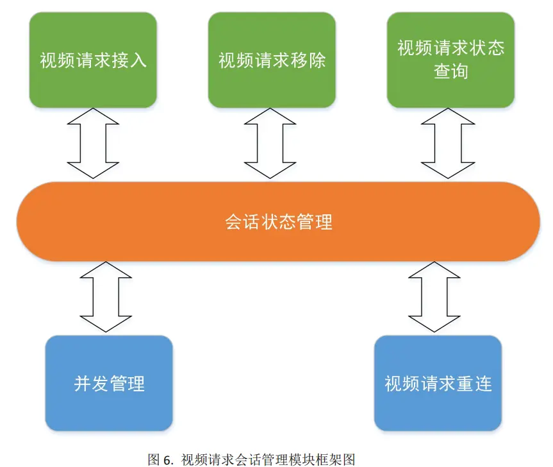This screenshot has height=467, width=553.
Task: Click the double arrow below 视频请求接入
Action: pos(94,143)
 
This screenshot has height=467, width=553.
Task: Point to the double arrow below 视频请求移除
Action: pos(269,143)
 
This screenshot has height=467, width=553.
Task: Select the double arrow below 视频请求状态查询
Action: pos(447,143)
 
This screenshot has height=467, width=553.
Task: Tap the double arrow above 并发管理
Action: pos(106,297)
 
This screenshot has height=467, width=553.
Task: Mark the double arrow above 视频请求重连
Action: pos(434,297)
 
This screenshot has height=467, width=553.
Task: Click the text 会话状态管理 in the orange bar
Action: pos(279,222)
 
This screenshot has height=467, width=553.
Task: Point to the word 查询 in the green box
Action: pos(450,71)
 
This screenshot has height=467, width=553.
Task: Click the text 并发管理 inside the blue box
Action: pos(109,384)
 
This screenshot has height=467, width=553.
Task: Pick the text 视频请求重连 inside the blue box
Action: pos(438,384)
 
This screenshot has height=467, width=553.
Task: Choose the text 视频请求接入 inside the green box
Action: pos(94,60)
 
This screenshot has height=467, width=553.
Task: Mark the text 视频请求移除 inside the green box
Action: pos(272,60)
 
